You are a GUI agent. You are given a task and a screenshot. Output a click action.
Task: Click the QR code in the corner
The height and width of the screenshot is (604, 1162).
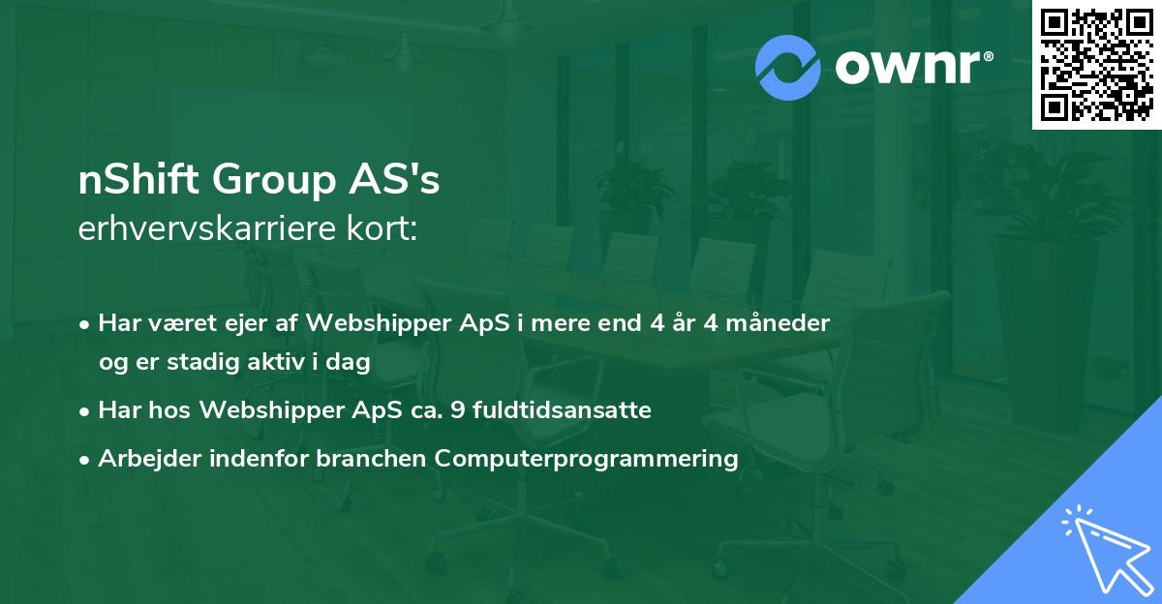[1097, 65]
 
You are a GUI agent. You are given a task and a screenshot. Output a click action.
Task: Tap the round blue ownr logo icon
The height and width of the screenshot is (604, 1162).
[788, 68]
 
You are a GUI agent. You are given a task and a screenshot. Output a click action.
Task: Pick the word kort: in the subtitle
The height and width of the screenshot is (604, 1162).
[383, 229]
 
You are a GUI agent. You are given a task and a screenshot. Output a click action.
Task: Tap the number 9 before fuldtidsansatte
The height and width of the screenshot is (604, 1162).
[461, 410]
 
